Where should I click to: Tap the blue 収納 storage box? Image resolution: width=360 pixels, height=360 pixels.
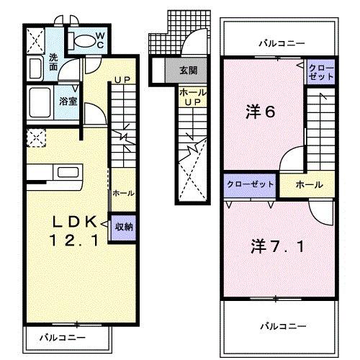point(122,227)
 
